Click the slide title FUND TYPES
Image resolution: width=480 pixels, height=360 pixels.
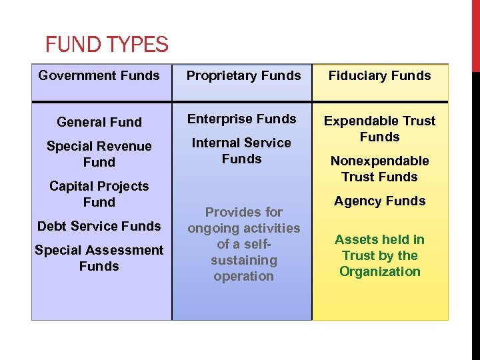pyautogui.click(x=107, y=45)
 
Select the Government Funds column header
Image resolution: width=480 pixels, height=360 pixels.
pyautogui.click(x=99, y=75)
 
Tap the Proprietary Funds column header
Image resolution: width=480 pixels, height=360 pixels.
pyautogui.click(x=243, y=75)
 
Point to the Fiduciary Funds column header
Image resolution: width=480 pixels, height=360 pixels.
pyautogui.click(x=379, y=75)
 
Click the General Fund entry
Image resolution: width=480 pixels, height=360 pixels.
pyautogui.click(x=99, y=122)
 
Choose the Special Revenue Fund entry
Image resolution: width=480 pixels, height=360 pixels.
pyautogui.click(x=99, y=154)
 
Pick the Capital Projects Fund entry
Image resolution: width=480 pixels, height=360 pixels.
pyautogui.click(x=99, y=194)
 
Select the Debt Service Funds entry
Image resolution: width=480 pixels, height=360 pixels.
pyautogui.click(x=99, y=226)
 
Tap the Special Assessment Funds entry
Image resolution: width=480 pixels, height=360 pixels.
pyautogui.click(x=99, y=258)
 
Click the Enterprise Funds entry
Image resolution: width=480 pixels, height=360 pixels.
pyautogui.click(x=241, y=119)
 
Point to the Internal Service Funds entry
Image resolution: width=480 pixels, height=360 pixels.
pyautogui.click(x=241, y=151)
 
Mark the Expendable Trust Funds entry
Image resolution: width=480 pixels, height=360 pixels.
pyautogui.click(x=379, y=129)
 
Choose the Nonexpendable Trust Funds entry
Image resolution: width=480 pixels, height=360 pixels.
pyautogui.click(x=379, y=169)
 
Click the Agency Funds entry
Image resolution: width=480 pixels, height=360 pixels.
pyautogui.click(x=379, y=201)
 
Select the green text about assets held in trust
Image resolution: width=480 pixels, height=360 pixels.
pyautogui.click(x=379, y=255)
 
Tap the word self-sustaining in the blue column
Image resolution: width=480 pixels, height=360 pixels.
pyautogui.click(x=244, y=252)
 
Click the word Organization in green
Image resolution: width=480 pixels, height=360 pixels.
pyautogui.click(x=379, y=271)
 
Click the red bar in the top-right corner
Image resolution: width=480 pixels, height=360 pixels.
pyautogui.click(x=475, y=33)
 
